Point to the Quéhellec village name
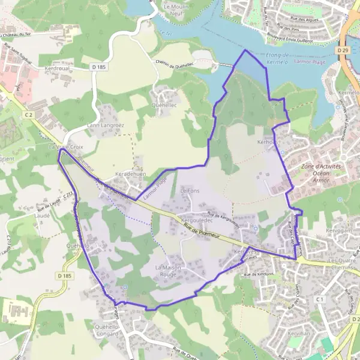pyautogui.click(x=165, y=104)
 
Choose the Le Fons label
pyautogui.click(x=190, y=191)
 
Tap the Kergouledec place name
pyautogui.click(x=185, y=221)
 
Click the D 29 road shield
pyautogui.click(x=343, y=50)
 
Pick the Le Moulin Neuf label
pyautogui.click(x=177, y=8)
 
